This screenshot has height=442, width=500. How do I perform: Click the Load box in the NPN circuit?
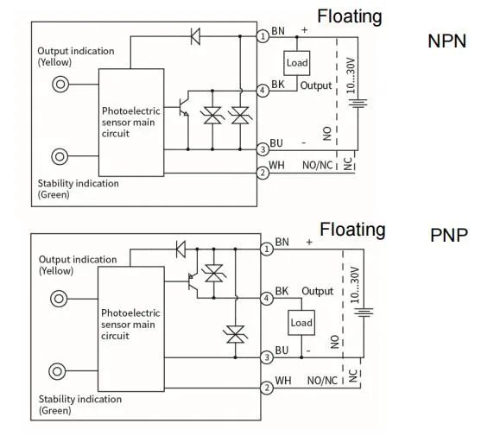click(296, 63)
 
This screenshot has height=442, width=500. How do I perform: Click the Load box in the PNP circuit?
click(301, 323)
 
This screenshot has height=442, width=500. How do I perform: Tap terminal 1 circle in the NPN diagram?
click(263, 36)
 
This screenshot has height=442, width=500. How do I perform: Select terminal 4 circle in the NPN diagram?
click(263, 91)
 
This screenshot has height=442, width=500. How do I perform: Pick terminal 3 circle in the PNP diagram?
click(267, 357)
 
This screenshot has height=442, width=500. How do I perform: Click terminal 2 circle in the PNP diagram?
click(267, 388)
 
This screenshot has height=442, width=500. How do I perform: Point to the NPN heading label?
click(446, 41)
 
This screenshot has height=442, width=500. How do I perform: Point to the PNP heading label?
click(449, 235)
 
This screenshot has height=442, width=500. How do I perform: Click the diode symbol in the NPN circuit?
click(195, 36)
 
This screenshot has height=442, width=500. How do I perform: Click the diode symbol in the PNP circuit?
click(180, 249)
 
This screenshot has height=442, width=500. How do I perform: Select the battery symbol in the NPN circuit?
click(358, 103)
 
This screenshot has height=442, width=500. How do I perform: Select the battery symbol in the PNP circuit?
click(364, 312)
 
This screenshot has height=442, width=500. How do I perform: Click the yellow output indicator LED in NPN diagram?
click(60, 85)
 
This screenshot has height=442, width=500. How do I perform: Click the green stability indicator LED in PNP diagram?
click(57, 371)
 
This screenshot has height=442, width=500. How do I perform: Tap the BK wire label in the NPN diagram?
click(278, 85)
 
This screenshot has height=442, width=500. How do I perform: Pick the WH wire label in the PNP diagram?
click(283, 381)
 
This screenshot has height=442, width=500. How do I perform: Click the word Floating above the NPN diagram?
click(350, 16)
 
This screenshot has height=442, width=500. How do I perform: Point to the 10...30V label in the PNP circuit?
click(355, 285)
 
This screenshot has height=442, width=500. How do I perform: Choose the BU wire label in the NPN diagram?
click(276, 143)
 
